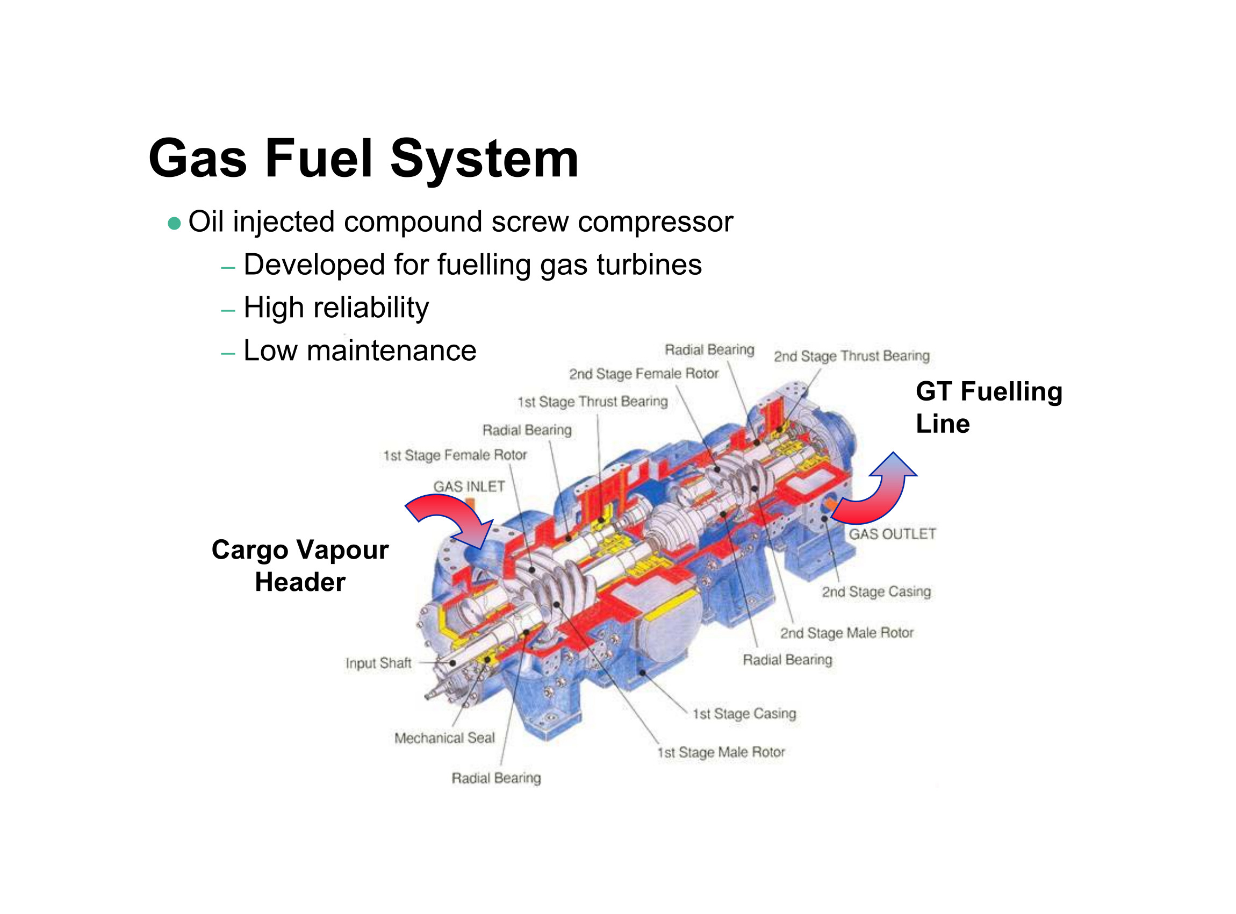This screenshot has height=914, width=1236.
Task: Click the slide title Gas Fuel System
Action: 363,159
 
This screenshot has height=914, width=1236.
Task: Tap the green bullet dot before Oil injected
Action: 174,224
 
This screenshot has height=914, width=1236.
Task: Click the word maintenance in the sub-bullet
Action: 391,351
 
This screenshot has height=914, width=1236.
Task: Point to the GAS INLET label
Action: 469,487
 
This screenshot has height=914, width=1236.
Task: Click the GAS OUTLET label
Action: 892,534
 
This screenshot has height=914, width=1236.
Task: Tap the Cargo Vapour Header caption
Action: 300,566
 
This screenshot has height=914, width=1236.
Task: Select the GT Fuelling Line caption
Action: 988,407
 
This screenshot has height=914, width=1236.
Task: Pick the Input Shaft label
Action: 378,663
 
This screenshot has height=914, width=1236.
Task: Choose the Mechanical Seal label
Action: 444,738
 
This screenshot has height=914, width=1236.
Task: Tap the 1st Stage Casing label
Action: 744,713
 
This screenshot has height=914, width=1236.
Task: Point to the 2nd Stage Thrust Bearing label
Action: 851,356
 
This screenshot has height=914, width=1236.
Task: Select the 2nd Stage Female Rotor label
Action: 644,374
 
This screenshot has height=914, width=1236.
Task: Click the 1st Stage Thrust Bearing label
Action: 592,402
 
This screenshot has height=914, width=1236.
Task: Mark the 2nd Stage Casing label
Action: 876,592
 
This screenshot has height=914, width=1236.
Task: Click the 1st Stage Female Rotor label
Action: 455,455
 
